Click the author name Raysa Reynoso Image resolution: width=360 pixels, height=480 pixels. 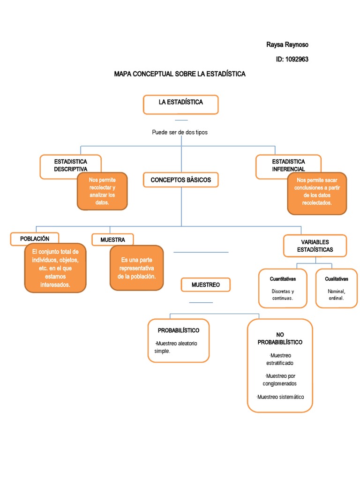287,45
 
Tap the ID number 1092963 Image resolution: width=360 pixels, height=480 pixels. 292,59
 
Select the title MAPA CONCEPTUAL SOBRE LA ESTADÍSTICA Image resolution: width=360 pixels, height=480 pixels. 180,74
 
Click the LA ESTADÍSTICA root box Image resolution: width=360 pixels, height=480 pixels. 180,105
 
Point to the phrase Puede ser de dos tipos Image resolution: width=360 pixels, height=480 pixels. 180,132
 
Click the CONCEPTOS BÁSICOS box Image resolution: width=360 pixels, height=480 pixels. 180,180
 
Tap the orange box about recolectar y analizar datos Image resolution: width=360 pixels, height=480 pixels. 102,191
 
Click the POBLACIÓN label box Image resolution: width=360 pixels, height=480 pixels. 35,239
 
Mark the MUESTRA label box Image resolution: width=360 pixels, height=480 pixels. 112,240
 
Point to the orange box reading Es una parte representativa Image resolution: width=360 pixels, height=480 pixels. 136,268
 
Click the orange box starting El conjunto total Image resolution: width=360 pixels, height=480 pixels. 55,268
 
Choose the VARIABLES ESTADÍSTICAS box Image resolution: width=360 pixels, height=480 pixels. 315,246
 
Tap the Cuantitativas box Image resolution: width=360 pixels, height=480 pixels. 283,288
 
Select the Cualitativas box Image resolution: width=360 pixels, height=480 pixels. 337,288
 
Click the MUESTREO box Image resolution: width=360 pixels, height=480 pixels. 206,285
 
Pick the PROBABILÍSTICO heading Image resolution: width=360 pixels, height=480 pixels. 179,330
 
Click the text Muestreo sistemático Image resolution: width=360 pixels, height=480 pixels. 280,397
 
